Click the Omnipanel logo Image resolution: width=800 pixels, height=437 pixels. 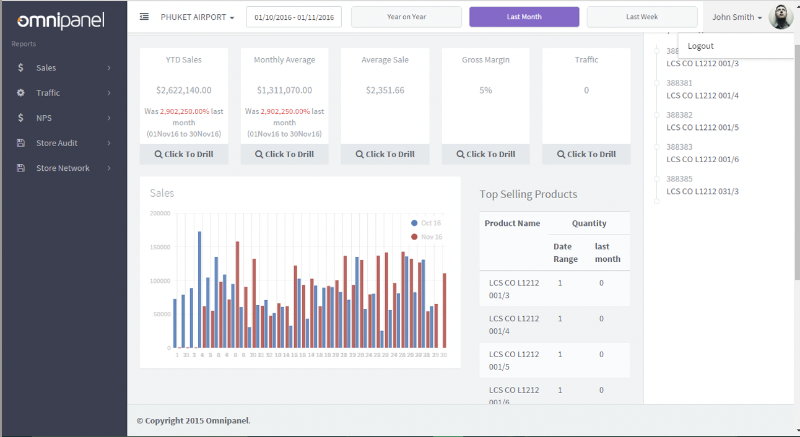pyautogui.click(x=61, y=20)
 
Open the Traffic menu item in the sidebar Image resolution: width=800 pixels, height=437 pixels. pyautogui.click(x=48, y=93)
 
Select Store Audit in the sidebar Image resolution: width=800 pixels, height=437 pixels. pyautogui.click(x=56, y=143)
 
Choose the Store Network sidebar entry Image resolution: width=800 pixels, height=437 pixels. pyautogui.click(x=63, y=168)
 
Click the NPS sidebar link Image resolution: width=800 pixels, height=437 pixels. pyautogui.click(x=44, y=118)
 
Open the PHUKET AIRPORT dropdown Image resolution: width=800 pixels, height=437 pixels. pyautogui.click(x=197, y=17)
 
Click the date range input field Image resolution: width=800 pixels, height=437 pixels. pyautogui.click(x=293, y=17)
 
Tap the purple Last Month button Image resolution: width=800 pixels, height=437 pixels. pyautogui.click(x=524, y=17)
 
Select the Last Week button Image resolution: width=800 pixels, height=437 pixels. pyautogui.click(x=641, y=17)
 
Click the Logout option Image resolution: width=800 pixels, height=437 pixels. pyautogui.click(x=700, y=46)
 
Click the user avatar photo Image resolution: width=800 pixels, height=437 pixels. pyautogui.click(x=780, y=17)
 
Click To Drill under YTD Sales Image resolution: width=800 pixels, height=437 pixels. pyautogui.click(x=184, y=155)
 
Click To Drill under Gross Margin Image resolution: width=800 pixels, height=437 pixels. pyautogui.click(x=485, y=155)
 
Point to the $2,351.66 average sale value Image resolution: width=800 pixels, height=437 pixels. pyautogui.click(x=385, y=90)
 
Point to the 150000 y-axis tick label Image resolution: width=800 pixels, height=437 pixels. pyautogui.click(x=160, y=247)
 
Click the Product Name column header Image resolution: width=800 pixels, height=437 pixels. pyautogui.click(x=512, y=223)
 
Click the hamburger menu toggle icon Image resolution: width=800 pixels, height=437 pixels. pyautogui.click(x=144, y=17)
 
